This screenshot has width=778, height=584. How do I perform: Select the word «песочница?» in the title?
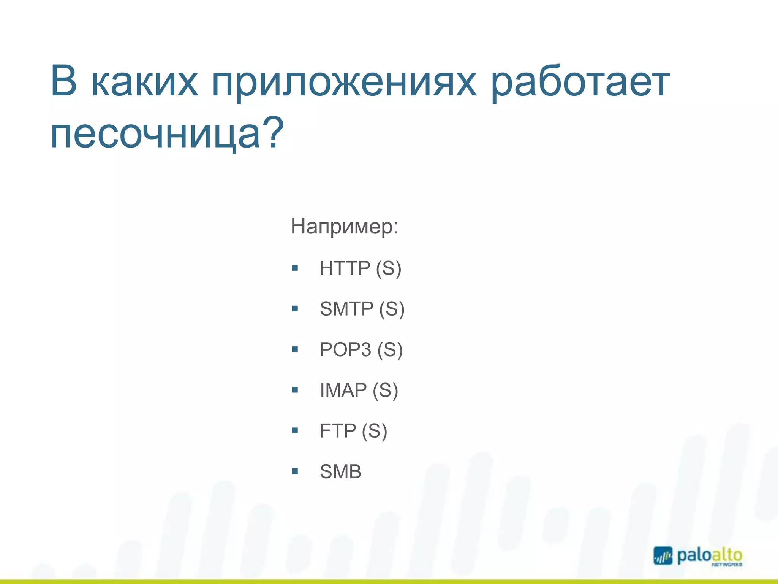tap(167, 133)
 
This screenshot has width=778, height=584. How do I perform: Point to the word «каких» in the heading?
tap(145, 82)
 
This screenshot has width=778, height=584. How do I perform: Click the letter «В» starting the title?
tap(64, 81)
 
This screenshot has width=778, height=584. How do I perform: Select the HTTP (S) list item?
tap(360, 268)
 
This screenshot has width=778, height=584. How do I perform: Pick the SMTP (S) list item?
tap(362, 309)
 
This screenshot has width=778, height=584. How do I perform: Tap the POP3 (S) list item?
tap(361, 349)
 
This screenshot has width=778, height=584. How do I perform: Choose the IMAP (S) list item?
tap(359, 390)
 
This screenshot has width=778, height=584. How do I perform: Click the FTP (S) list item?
tap(353, 431)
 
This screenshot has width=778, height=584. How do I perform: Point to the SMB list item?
tap(340, 472)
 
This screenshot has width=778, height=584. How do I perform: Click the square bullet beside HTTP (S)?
tap(295, 268)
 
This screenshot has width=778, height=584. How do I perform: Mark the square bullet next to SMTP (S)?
tap(295, 309)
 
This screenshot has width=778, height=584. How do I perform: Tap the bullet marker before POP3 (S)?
tap(295, 349)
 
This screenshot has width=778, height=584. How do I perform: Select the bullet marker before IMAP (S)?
tap(295, 390)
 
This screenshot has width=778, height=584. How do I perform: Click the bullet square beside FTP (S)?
tap(295, 431)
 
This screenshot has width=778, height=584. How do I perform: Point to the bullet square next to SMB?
tap(295, 472)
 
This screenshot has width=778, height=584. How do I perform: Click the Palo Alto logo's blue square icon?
tap(663, 555)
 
